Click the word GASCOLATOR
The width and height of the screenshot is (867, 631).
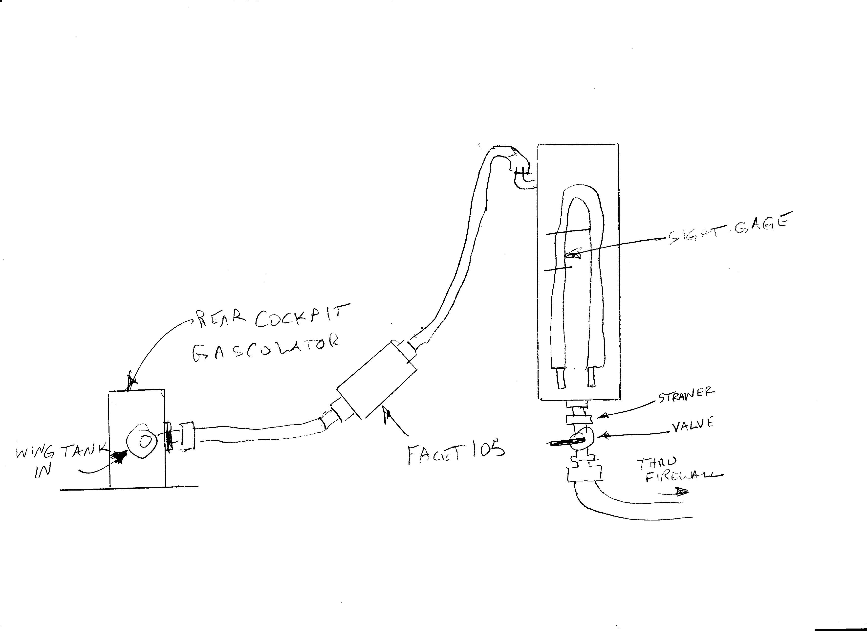pyautogui.click(x=265, y=350)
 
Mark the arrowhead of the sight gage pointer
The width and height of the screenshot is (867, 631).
pyautogui.click(x=573, y=255)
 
